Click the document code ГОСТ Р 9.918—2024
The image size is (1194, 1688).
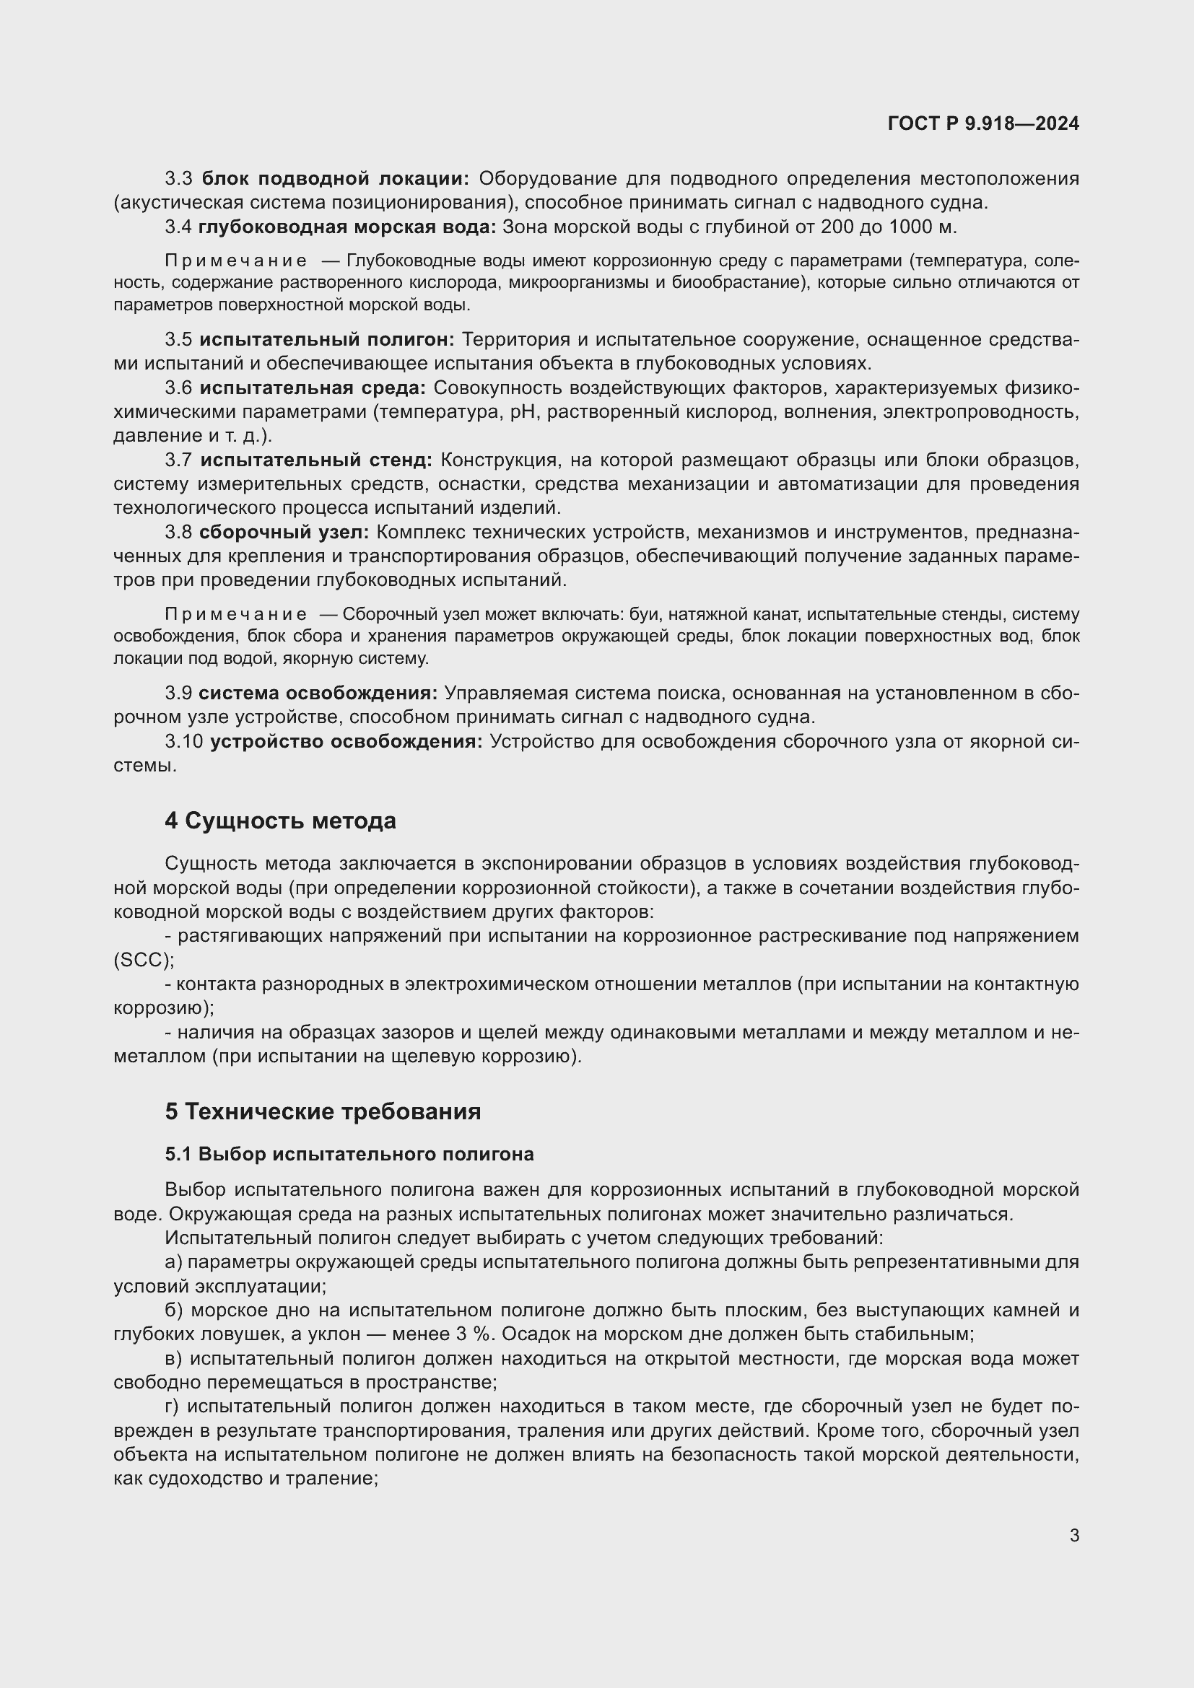(x=983, y=123)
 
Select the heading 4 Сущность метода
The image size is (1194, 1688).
(x=280, y=821)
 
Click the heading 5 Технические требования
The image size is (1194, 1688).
(x=323, y=1111)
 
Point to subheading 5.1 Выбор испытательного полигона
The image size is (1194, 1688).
(x=349, y=1154)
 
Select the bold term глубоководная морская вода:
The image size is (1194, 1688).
(x=347, y=227)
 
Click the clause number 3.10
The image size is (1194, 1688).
(x=184, y=742)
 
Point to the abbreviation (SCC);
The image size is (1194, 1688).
(x=144, y=960)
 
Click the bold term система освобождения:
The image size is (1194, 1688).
(x=318, y=694)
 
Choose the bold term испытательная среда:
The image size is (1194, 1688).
(x=313, y=388)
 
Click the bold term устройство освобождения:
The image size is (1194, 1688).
(x=347, y=742)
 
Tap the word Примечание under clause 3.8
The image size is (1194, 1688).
(x=236, y=615)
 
